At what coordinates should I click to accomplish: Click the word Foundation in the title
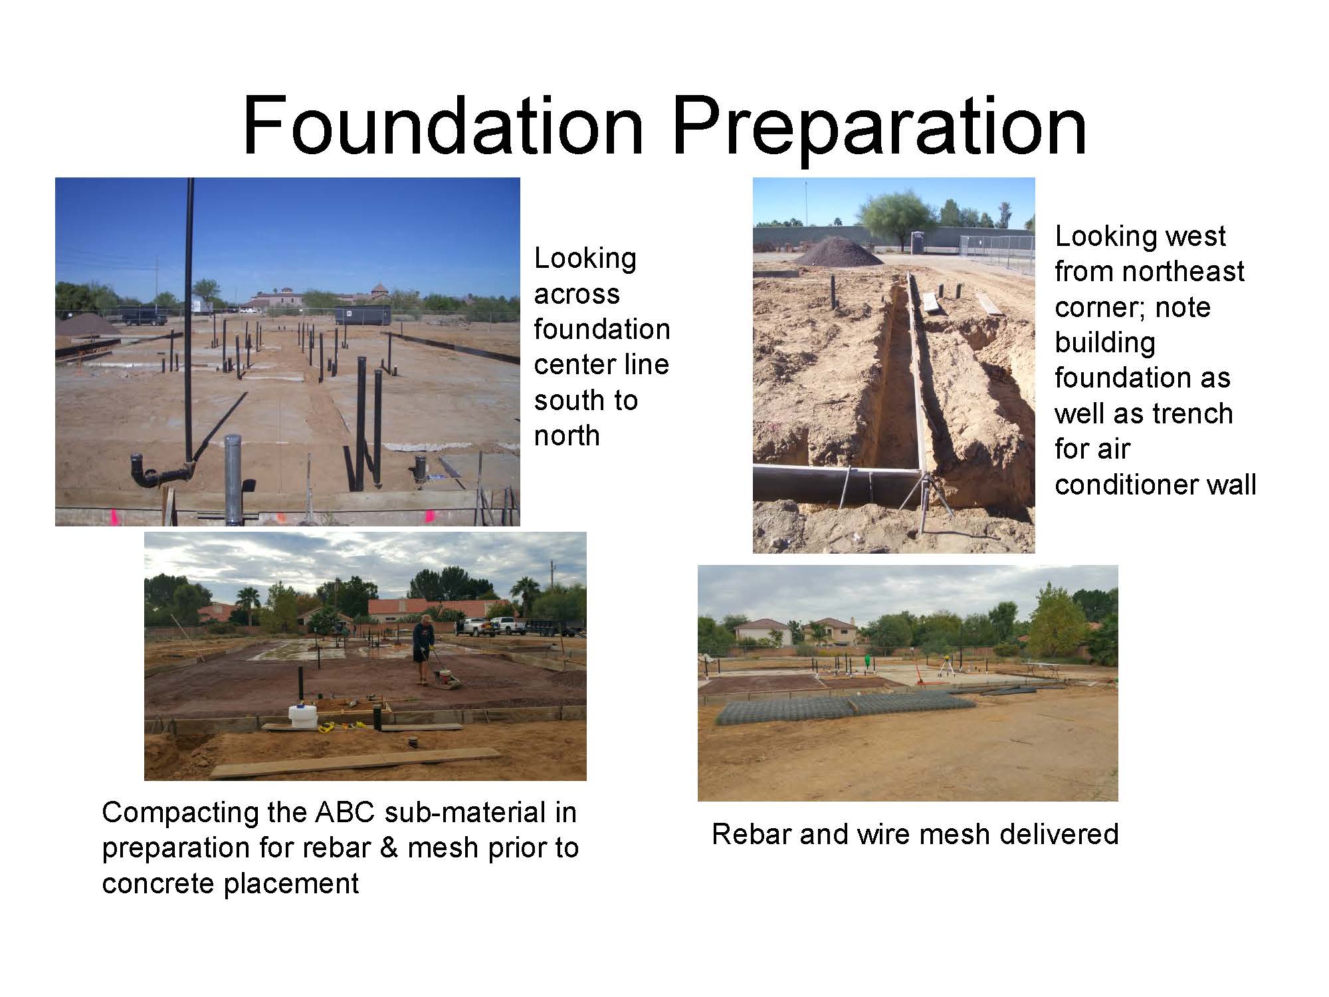(x=444, y=126)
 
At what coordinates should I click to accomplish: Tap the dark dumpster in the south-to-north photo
(x=362, y=314)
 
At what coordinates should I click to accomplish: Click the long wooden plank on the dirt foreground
(x=356, y=763)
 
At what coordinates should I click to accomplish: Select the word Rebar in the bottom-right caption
(x=752, y=833)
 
